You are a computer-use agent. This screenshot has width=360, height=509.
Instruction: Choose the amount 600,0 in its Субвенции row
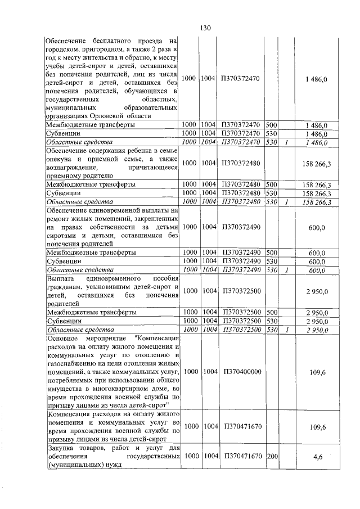tap(318, 262)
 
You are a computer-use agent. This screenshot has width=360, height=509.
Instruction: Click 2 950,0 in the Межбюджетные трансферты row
tap(318, 312)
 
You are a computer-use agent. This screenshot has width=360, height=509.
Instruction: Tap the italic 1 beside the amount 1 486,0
tap(287, 143)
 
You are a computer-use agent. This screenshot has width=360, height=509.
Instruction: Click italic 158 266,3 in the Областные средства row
tap(318, 201)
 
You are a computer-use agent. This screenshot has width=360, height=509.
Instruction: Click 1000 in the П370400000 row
tap(192, 372)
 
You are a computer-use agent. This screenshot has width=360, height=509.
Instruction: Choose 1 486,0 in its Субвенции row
tap(318, 134)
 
